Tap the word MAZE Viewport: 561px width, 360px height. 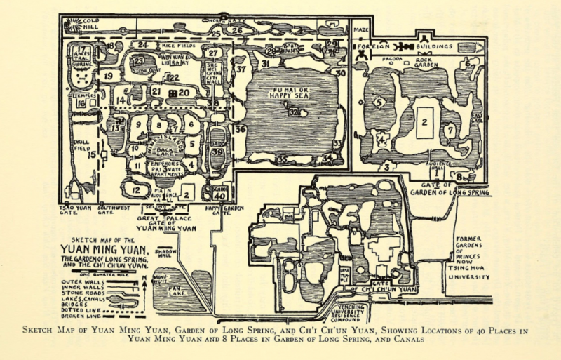pos(361,31)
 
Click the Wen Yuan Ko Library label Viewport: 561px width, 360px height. pos(177,59)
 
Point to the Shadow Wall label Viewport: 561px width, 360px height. pos(165,253)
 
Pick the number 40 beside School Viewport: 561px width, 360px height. pos(220,196)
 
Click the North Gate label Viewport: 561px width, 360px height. pos(222,21)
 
